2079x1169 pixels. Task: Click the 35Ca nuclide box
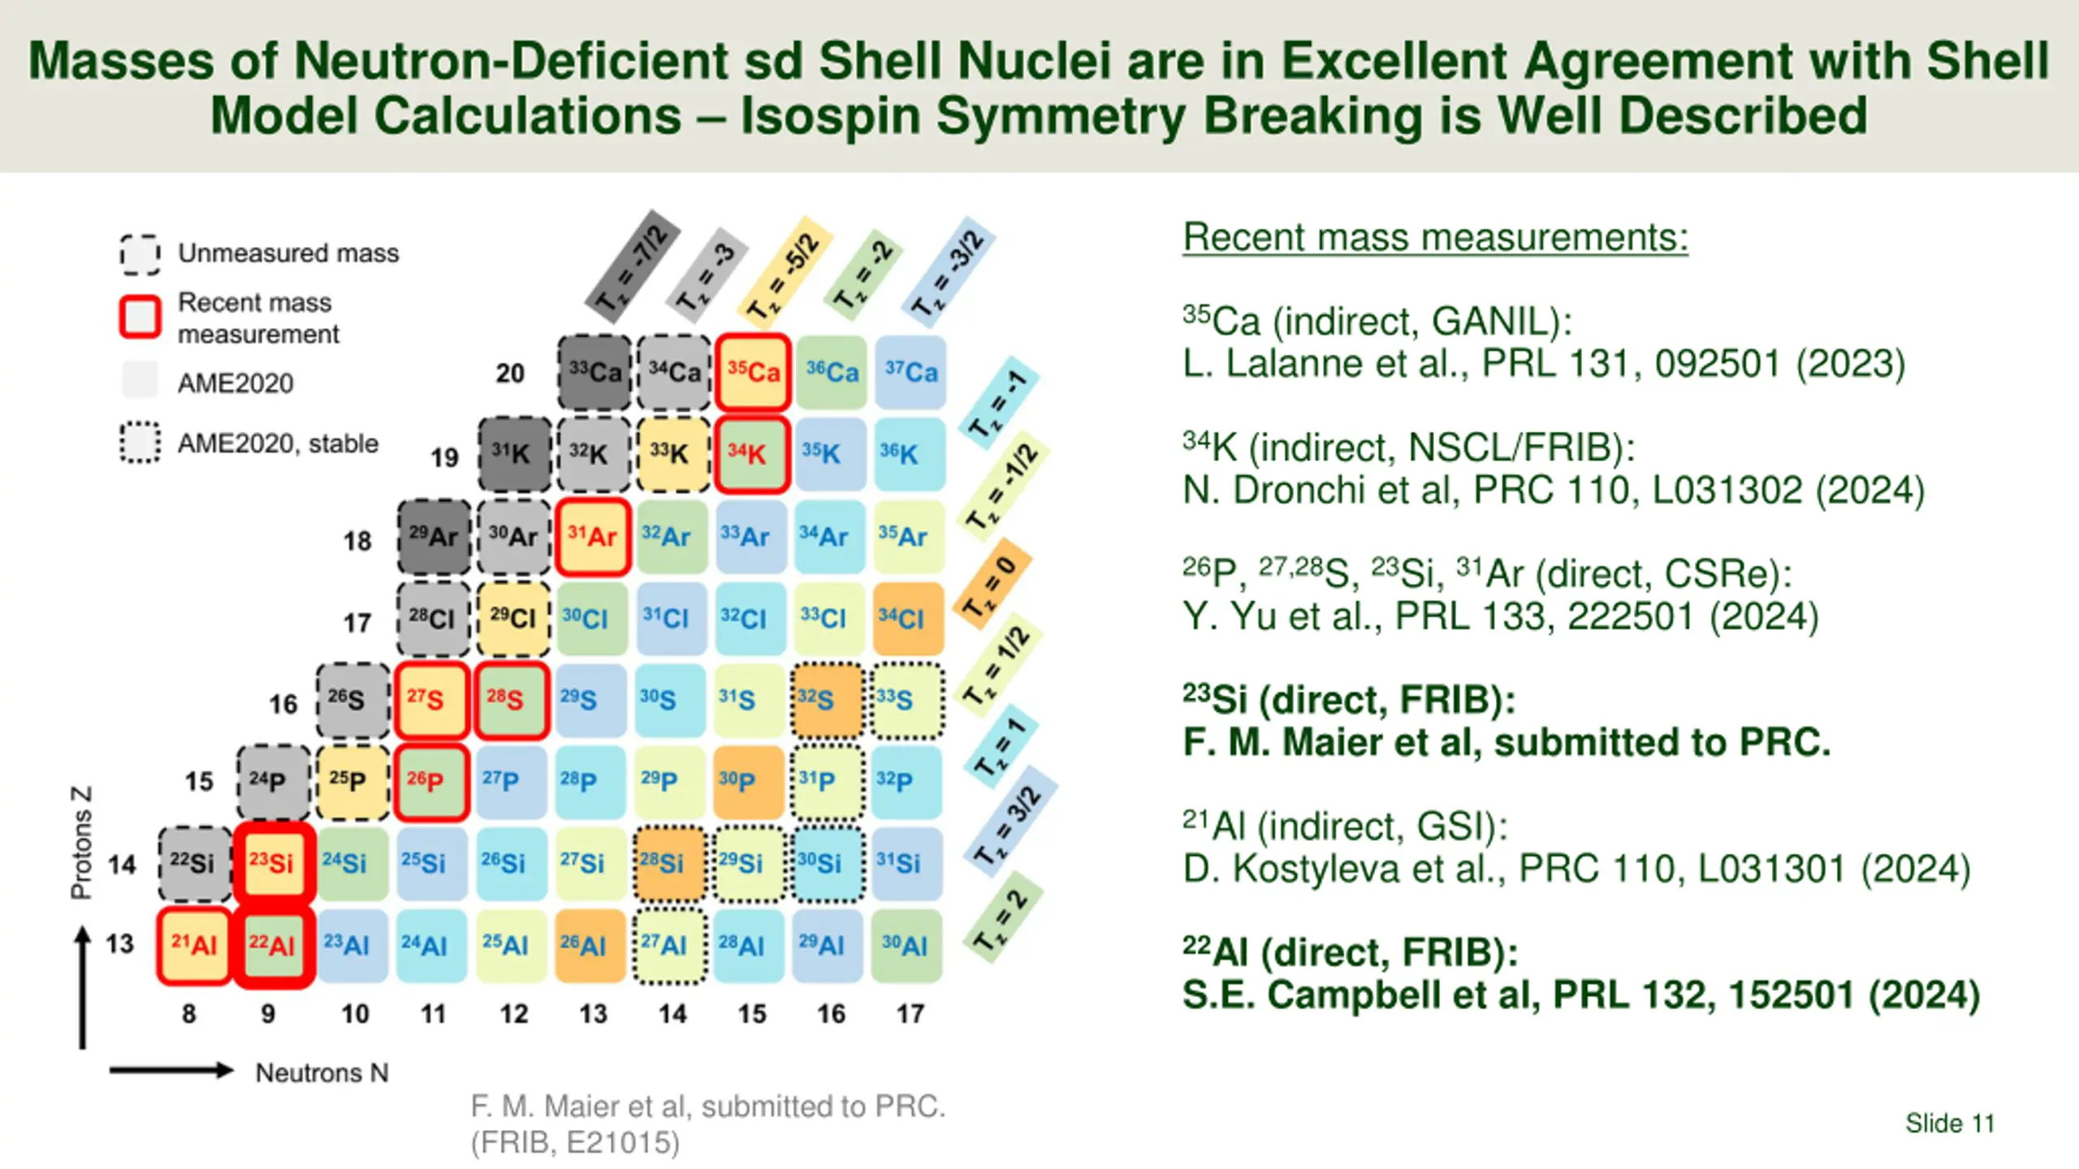tap(753, 372)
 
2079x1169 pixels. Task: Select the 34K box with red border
tap(751, 454)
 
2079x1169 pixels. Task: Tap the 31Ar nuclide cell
tap(593, 537)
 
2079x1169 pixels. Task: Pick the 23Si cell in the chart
tap(274, 863)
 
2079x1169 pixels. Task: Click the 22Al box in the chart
tap(274, 945)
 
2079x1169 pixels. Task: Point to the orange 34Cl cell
tap(908, 619)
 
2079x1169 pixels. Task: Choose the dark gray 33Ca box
tap(594, 372)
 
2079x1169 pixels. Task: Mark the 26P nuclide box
tap(431, 781)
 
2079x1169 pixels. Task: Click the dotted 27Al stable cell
tap(670, 945)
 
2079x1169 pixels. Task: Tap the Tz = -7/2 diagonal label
tap(632, 266)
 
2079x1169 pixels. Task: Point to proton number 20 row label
tap(510, 373)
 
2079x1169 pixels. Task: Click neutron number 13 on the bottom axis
tap(593, 1014)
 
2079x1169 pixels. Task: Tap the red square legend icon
tap(140, 317)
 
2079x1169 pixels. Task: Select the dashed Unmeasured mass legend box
tap(140, 254)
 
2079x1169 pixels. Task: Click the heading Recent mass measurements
tap(1435, 238)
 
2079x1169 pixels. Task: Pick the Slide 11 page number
tap(1950, 1124)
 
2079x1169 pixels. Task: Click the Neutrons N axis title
tap(322, 1073)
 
